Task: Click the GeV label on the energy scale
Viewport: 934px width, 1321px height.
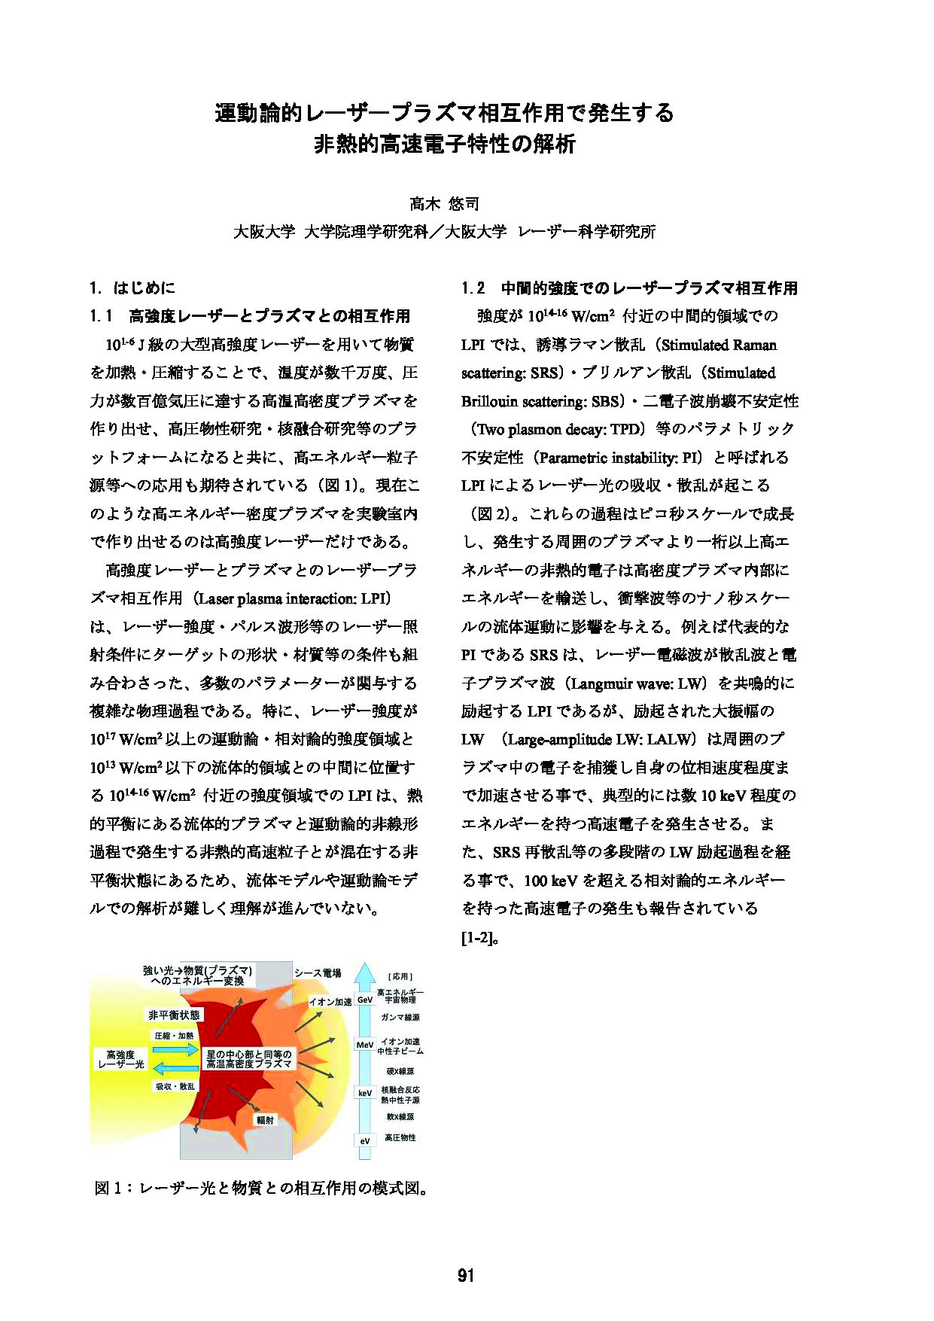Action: click(x=365, y=1000)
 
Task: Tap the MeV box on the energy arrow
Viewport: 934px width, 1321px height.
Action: click(x=365, y=1045)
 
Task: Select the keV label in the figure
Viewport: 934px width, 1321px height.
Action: click(x=365, y=1092)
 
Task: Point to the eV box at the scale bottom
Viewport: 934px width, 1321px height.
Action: click(x=365, y=1141)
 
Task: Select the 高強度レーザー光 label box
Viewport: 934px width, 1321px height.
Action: click(x=120, y=1061)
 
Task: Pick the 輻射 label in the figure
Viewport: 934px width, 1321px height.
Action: click(x=264, y=1120)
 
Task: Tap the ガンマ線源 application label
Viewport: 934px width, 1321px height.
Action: click(x=400, y=1017)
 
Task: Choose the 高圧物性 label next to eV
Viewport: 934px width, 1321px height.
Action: click(x=400, y=1137)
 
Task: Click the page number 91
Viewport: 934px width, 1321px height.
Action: click(x=466, y=1275)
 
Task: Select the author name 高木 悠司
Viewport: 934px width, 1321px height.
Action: click(x=444, y=203)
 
